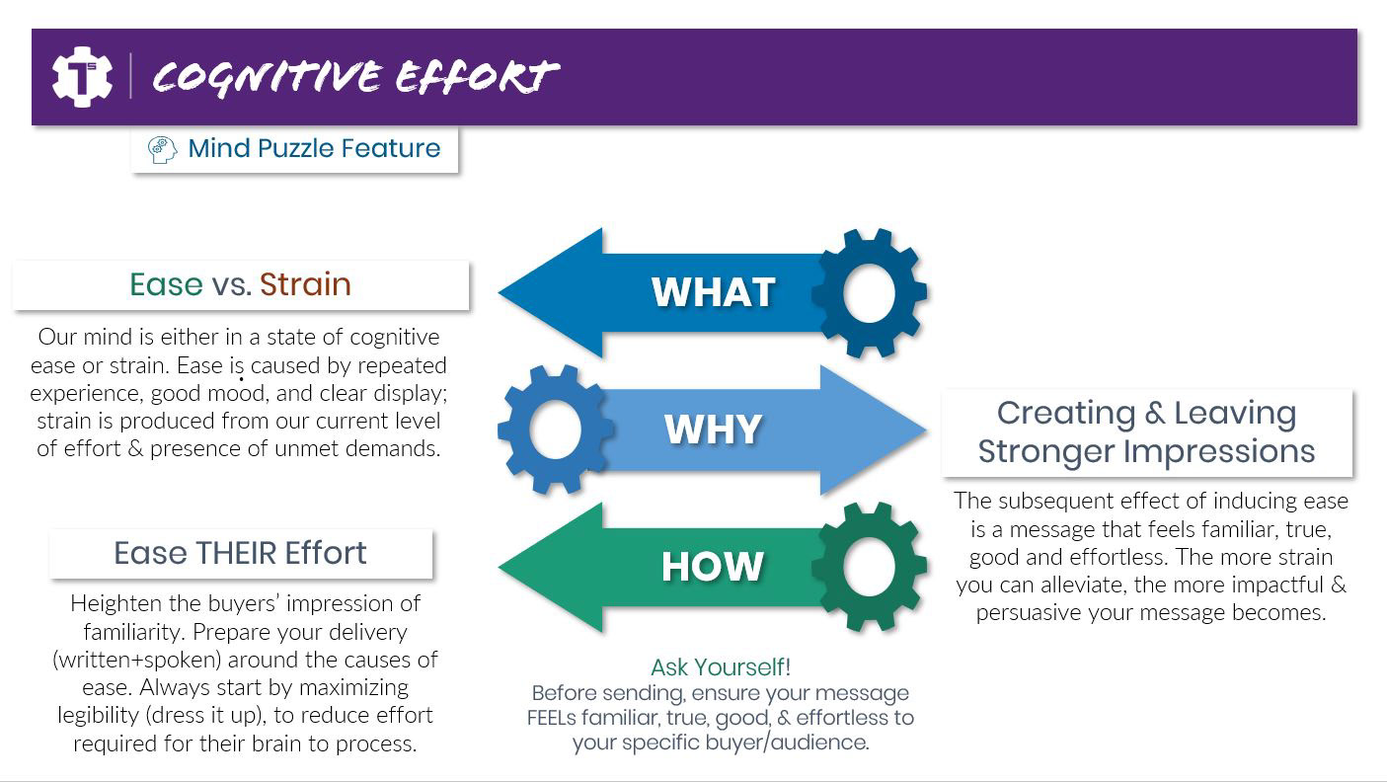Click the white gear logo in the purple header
click(x=82, y=77)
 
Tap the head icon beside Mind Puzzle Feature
click(x=162, y=149)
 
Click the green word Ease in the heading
click(x=166, y=284)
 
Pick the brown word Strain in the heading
click(x=305, y=284)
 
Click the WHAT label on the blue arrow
click(x=713, y=292)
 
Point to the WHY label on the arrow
click(x=713, y=430)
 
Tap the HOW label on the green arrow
click(x=713, y=567)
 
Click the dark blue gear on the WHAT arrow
click(x=869, y=293)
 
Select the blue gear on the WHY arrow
click(x=556, y=430)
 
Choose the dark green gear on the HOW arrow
click(x=869, y=567)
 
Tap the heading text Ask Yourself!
click(x=721, y=667)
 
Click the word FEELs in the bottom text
click(x=564, y=718)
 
